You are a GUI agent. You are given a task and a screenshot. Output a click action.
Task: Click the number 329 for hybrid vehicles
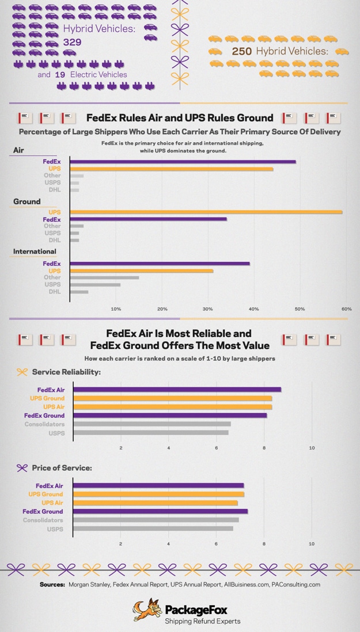point(73,42)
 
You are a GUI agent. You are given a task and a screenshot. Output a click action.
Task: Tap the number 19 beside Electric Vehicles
point(59,74)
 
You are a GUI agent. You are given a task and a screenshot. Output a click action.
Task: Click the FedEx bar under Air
point(183,162)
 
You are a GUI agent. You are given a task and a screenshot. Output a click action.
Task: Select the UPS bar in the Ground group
point(206,212)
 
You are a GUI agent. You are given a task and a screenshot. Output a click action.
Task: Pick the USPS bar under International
point(95,284)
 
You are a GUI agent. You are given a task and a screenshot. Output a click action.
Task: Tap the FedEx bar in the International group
point(160,264)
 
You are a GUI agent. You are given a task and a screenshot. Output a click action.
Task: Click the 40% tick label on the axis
point(254,309)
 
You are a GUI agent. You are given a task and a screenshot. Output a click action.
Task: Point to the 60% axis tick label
point(346,309)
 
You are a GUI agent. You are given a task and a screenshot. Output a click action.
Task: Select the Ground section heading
point(27,201)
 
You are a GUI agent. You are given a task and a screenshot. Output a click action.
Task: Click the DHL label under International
point(54,292)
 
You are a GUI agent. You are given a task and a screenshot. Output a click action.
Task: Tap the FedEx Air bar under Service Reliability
point(177,390)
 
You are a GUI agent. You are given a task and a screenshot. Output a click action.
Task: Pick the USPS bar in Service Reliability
point(150,433)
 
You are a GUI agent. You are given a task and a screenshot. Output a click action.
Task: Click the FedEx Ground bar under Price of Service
point(160,511)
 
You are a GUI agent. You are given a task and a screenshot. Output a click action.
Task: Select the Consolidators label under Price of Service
point(43,520)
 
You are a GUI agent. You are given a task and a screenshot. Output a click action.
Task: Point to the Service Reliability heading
point(66,372)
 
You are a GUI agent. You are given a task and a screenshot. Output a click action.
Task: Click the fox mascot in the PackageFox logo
point(147,611)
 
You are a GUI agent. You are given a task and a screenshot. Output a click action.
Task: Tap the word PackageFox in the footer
point(195,610)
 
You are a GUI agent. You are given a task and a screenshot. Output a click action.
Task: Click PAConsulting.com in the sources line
point(295,584)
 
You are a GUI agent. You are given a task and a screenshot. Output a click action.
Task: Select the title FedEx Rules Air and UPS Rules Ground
point(180,118)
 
